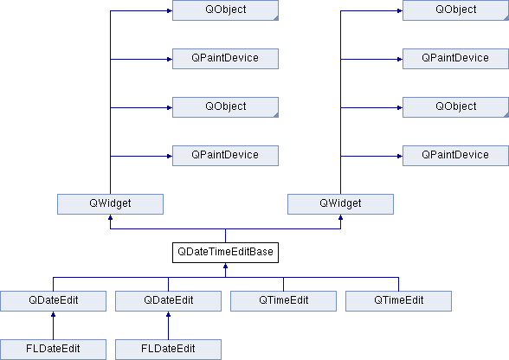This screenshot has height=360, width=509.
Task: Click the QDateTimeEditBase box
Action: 225,252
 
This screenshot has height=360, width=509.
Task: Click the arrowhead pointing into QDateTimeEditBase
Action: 225,267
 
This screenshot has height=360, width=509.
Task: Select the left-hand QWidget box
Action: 111,204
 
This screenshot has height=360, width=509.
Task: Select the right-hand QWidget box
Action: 340,204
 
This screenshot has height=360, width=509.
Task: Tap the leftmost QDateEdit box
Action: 54,301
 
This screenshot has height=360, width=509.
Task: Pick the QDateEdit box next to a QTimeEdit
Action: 169,301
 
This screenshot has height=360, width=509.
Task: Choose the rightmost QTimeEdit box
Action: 398,301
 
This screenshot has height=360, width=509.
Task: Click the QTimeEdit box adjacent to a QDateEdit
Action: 283,301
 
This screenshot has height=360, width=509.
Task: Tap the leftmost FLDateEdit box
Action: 54,350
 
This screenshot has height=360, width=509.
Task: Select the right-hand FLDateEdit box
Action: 169,350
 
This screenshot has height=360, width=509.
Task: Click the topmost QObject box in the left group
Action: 225,10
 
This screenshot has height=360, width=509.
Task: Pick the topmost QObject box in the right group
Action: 455,10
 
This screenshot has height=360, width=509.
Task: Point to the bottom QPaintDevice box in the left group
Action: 225,156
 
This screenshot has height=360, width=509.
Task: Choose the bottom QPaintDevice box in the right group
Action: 455,156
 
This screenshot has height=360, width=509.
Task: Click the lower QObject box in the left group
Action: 225,107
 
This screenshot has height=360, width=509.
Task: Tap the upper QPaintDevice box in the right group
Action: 455,59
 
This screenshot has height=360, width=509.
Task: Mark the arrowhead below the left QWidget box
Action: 111,218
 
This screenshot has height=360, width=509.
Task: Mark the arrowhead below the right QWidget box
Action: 340,218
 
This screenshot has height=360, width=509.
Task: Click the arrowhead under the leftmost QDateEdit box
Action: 54,314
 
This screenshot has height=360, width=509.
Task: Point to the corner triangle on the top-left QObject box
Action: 276,18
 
